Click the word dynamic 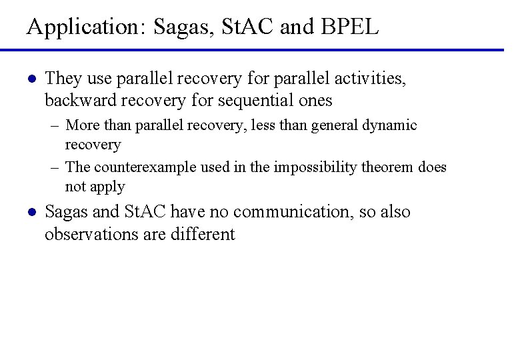click(389, 125)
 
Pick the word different click(205, 234)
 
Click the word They click(63, 79)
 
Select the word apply click(107, 187)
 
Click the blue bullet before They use click(31, 79)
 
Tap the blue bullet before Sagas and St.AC click(31, 213)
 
